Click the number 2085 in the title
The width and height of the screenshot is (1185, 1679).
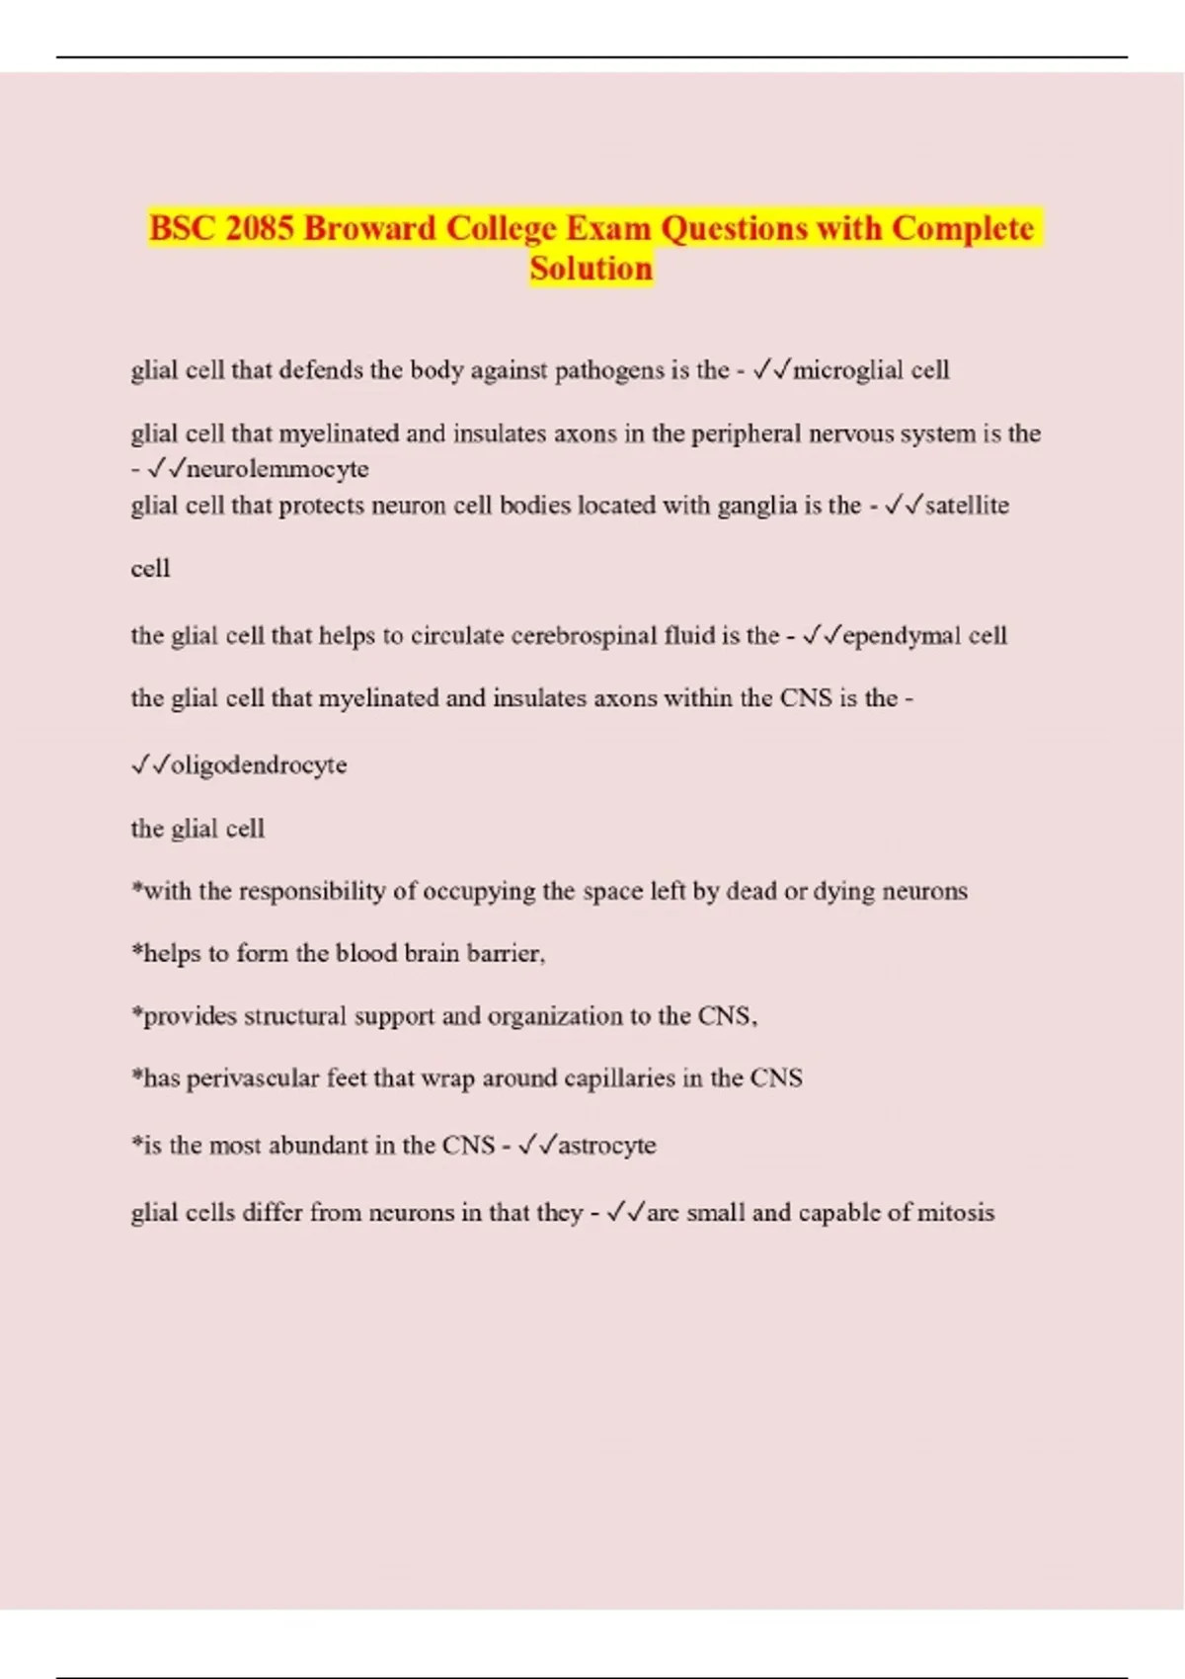260,228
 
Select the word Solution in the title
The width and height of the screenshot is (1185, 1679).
591,269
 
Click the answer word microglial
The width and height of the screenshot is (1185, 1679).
848,370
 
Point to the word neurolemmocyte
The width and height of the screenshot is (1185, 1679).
277,468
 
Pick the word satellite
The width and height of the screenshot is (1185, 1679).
967,506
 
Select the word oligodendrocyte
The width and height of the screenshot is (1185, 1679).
259,765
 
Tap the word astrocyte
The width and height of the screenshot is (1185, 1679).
606,1146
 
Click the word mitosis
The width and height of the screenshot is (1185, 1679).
955,1213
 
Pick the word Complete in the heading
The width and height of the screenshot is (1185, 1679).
963,228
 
